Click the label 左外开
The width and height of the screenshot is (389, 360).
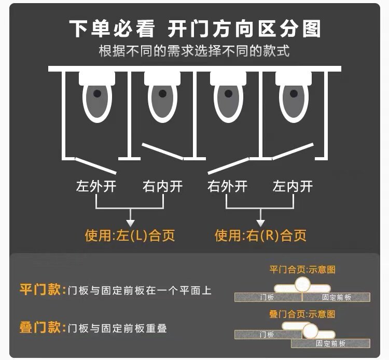(96, 186)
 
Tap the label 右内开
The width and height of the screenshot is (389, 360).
(162, 186)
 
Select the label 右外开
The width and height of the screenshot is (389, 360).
(227, 186)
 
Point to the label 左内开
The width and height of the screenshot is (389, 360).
(293, 186)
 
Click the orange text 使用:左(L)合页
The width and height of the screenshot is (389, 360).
(130, 236)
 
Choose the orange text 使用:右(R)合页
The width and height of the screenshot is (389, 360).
(260, 236)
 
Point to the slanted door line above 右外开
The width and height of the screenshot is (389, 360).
(228, 167)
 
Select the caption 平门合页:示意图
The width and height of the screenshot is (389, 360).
(302, 270)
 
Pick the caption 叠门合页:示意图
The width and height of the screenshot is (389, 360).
(302, 314)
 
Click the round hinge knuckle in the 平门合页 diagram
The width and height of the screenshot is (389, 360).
(302, 284)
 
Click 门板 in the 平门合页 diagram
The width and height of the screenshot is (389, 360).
(267, 297)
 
